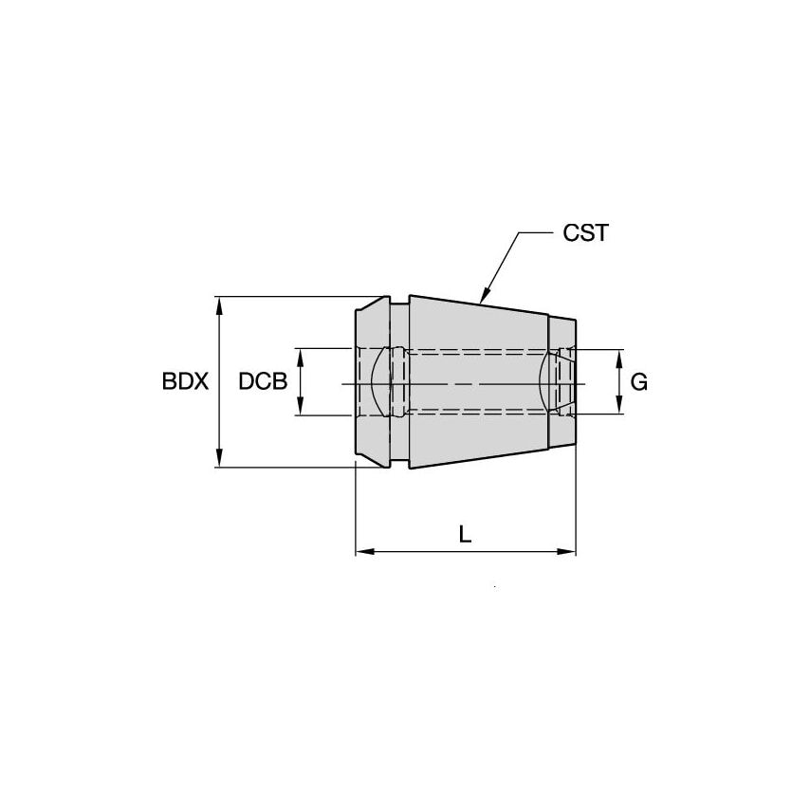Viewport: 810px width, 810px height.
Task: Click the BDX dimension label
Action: [184, 382]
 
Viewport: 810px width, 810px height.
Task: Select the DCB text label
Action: [263, 382]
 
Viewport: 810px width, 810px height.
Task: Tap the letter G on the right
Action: [639, 382]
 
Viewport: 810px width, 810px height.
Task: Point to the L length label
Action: [465, 534]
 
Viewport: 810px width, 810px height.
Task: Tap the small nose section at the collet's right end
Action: [562, 382]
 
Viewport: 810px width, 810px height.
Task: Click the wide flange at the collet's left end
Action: [372, 382]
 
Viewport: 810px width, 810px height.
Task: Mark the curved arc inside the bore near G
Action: [543, 381]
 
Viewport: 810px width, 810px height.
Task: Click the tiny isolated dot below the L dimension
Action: [495, 590]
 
